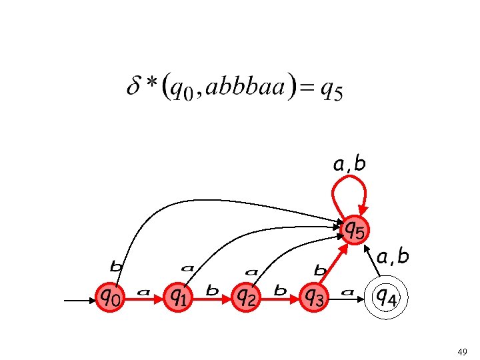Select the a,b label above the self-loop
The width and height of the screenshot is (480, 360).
[x=349, y=163]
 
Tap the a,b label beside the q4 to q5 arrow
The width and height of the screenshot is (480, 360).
[x=393, y=256]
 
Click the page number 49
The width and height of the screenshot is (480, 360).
[x=463, y=351]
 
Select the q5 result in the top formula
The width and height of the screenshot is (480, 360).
[x=331, y=89]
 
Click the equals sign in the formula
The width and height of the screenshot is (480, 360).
[x=307, y=88]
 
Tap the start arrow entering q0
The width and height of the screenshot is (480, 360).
[x=80, y=301]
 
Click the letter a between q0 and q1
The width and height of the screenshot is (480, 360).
[x=143, y=291]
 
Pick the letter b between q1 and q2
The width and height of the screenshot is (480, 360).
[x=213, y=291]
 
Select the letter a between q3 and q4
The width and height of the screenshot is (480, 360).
[x=347, y=291]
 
